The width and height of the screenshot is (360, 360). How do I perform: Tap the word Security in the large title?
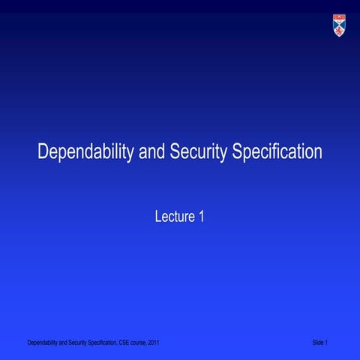(199, 152)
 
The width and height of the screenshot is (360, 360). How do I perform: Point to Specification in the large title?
(277, 153)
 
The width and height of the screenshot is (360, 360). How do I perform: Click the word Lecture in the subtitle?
(173, 217)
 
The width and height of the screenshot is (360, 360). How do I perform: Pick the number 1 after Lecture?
(201, 217)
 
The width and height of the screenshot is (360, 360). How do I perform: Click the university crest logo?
(340, 26)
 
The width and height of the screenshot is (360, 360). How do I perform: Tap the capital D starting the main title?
(43, 152)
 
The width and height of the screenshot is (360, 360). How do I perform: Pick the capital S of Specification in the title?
(238, 152)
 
